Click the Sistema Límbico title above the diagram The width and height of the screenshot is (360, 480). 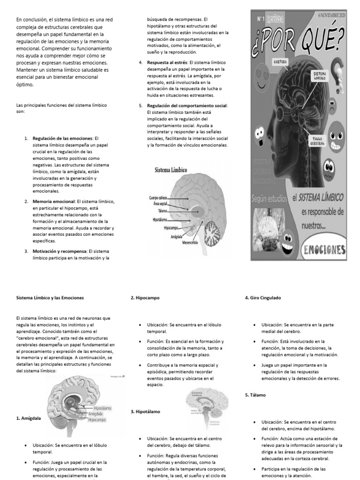click(x=171, y=170)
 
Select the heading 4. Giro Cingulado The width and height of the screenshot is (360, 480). click(x=263, y=298)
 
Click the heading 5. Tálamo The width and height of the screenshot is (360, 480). click(x=255, y=395)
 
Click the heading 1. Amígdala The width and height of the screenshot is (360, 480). click(x=29, y=418)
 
